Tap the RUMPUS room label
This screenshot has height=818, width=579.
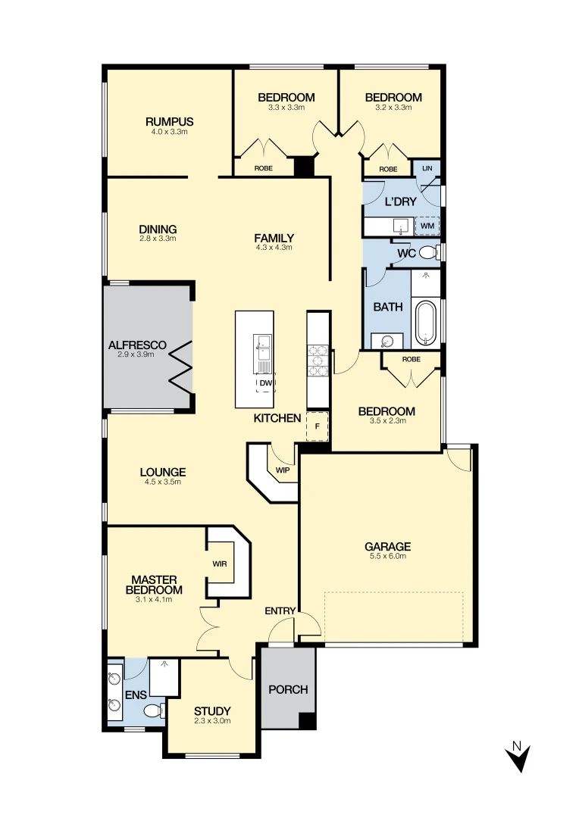coord(169,121)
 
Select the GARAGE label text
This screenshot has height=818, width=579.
coord(387,546)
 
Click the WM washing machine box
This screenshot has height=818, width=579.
coord(427,225)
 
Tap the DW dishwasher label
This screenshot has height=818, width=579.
coord(265,384)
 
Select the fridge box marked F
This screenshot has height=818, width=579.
coord(317,426)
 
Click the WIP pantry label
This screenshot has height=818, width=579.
coord(283,470)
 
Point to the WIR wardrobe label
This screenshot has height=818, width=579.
coord(220,564)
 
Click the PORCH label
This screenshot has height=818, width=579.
coord(288,689)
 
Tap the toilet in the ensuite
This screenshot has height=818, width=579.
coord(155,710)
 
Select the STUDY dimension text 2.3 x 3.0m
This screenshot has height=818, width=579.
coord(211,721)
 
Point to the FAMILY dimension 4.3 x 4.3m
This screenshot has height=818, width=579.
coord(274,247)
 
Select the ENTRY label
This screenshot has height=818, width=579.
coord(280,611)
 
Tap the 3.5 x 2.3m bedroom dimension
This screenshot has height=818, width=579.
coord(387,421)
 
